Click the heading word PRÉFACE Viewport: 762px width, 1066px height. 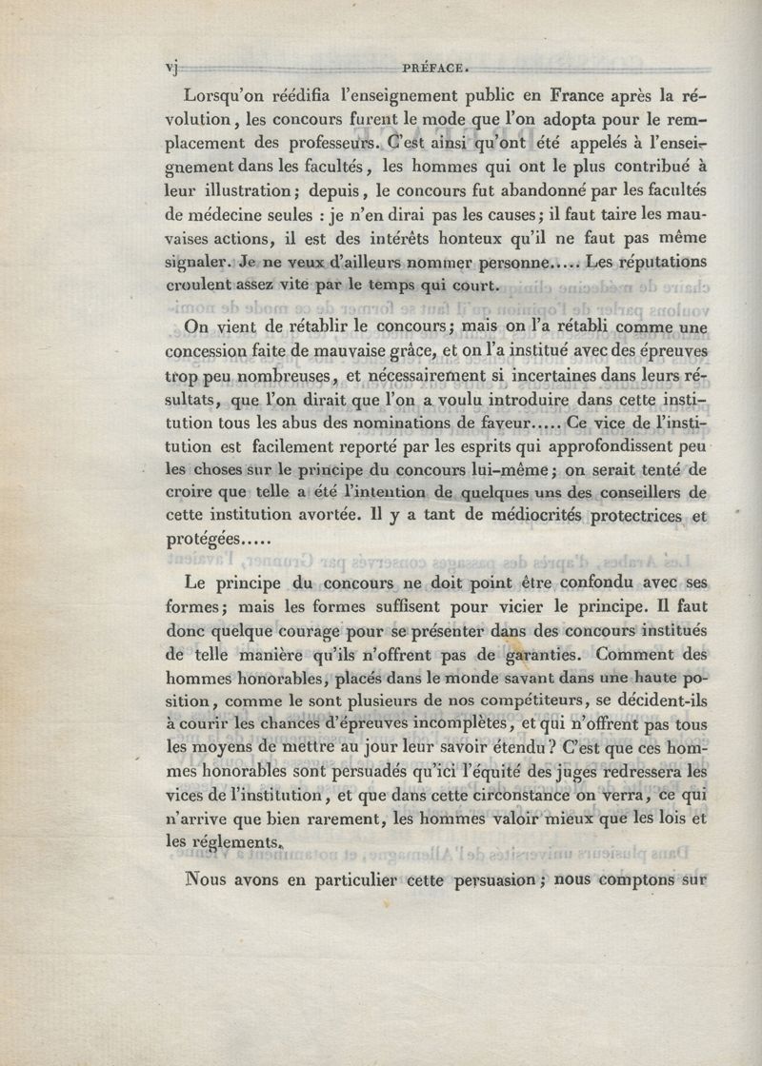433,67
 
